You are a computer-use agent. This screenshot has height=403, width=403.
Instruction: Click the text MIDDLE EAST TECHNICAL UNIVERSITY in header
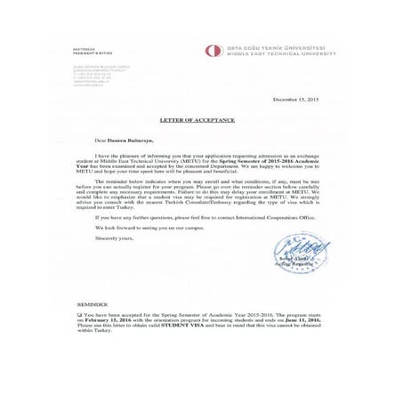[281, 53]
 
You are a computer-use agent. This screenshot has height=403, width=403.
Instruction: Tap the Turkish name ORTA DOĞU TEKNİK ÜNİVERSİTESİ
[281, 47]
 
